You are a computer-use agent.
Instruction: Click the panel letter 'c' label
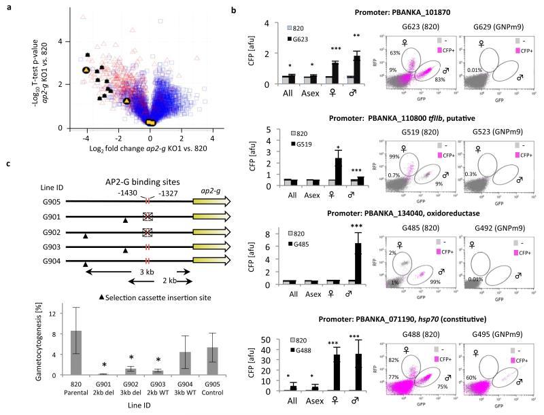pyautogui.click(x=7, y=163)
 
